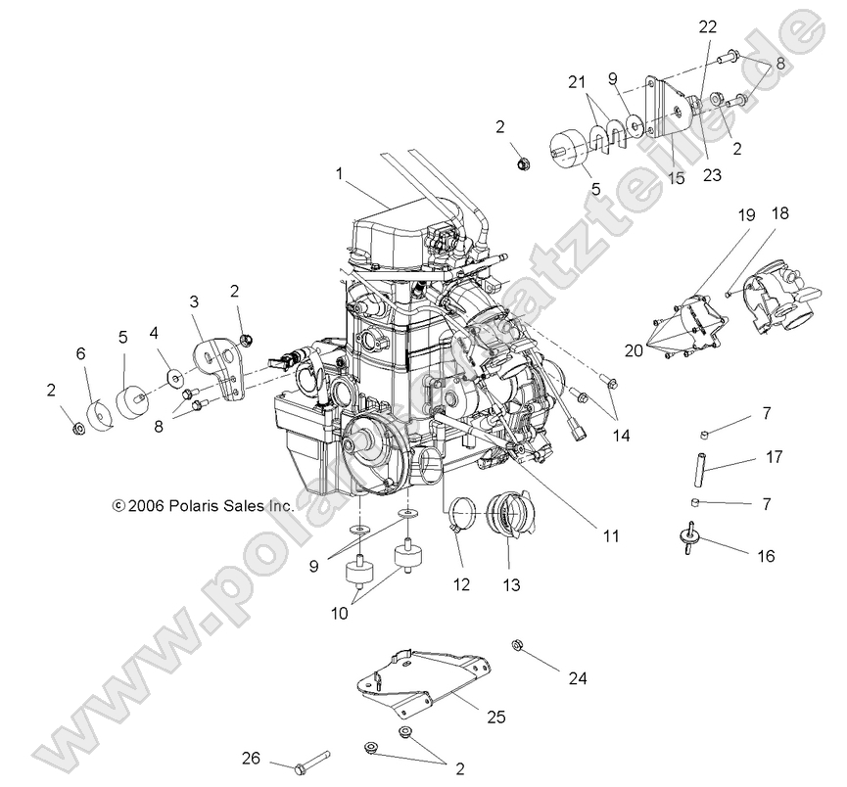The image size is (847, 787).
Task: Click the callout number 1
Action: click(x=339, y=173)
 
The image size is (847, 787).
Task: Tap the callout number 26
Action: click(x=253, y=758)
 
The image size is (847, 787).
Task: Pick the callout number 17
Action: click(x=775, y=455)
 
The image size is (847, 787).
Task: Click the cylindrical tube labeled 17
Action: click(x=701, y=459)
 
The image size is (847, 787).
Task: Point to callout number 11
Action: click(x=610, y=535)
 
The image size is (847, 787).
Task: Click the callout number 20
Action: click(x=635, y=349)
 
